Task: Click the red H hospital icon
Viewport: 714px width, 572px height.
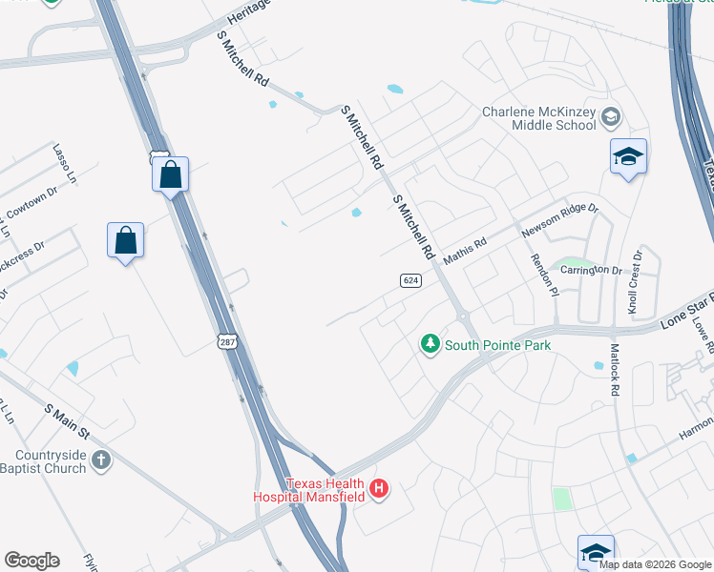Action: [x=379, y=489]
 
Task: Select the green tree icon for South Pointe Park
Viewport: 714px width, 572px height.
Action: [x=430, y=344]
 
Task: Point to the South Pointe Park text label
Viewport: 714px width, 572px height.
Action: [x=497, y=345]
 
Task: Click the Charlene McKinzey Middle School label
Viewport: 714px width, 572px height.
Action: [x=539, y=118]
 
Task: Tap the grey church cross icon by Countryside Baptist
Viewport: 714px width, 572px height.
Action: [x=101, y=461]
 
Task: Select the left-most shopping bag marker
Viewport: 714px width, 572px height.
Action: [x=125, y=241]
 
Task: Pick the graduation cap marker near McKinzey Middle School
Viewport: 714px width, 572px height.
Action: [x=628, y=157]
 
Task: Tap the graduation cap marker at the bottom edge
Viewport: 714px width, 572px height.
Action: [x=596, y=552]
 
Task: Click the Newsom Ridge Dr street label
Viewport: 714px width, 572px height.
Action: [x=558, y=220]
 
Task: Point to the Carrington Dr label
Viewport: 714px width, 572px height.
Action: [x=591, y=271]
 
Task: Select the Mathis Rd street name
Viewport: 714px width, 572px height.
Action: [x=464, y=250]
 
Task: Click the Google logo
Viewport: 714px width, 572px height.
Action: [x=32, y=561]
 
